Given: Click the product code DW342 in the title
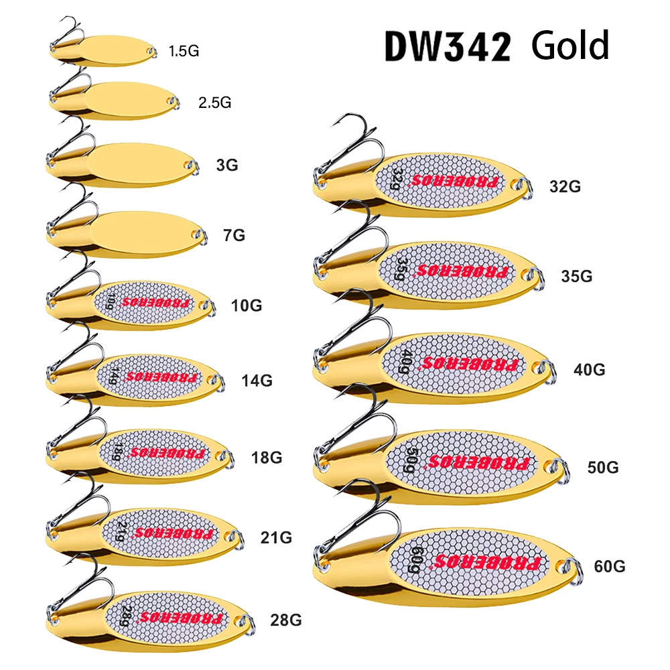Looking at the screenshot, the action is pos(448,46).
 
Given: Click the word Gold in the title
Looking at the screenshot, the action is pos(570,45).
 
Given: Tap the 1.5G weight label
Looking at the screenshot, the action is pos(184,50).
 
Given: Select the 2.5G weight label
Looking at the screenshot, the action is pos(214,103).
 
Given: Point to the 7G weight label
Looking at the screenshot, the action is pos(234,235).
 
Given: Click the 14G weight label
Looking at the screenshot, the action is pos(257,381).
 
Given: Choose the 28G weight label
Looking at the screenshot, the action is pos(285,620).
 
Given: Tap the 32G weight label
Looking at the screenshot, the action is pos(565,187).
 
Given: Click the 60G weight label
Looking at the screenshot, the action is pos(609,566).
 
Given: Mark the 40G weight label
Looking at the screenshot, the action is pos(589,369).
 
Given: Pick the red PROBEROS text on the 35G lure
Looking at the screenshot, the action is pos(462,272).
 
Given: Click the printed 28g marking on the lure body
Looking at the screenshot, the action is pos(125,614).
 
